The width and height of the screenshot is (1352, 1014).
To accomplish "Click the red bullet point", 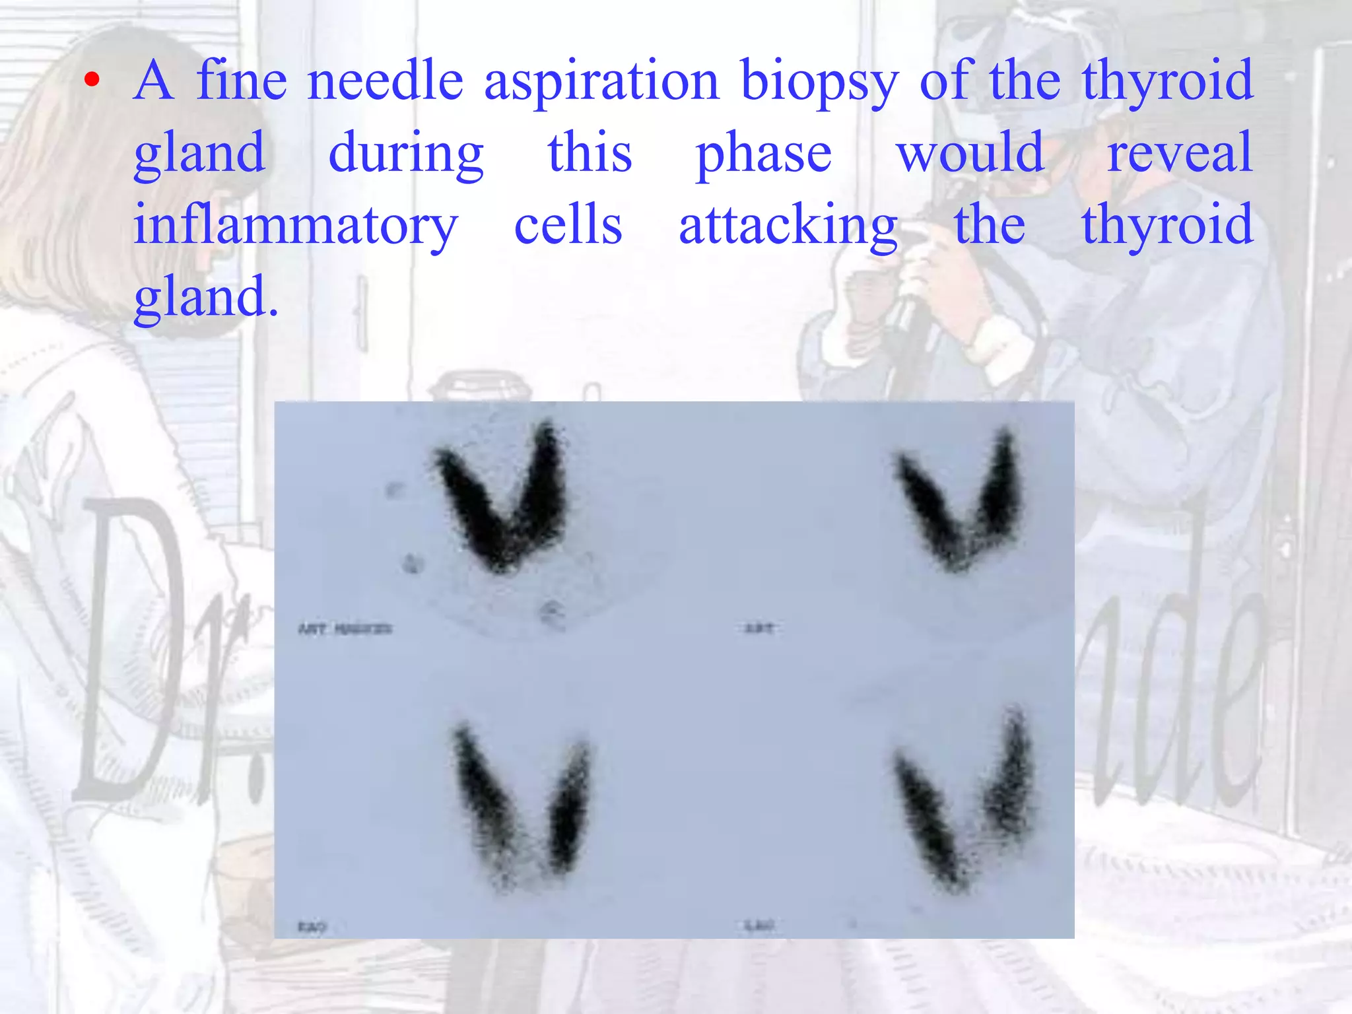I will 92,81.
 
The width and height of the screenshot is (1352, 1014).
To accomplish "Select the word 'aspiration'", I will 601,83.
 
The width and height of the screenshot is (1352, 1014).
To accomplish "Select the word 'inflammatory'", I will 295,226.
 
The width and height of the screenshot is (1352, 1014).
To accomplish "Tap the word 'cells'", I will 568,225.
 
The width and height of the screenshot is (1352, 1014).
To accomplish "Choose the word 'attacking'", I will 788,226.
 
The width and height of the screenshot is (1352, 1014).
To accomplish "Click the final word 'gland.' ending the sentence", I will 205,298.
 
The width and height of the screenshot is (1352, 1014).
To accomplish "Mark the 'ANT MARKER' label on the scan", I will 345,629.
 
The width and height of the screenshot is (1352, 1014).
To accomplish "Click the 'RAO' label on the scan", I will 312,928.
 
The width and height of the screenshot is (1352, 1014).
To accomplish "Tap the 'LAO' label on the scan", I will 759,926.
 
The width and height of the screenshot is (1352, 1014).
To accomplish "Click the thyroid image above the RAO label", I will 522,805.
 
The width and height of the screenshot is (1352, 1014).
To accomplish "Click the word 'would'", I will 970,153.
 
